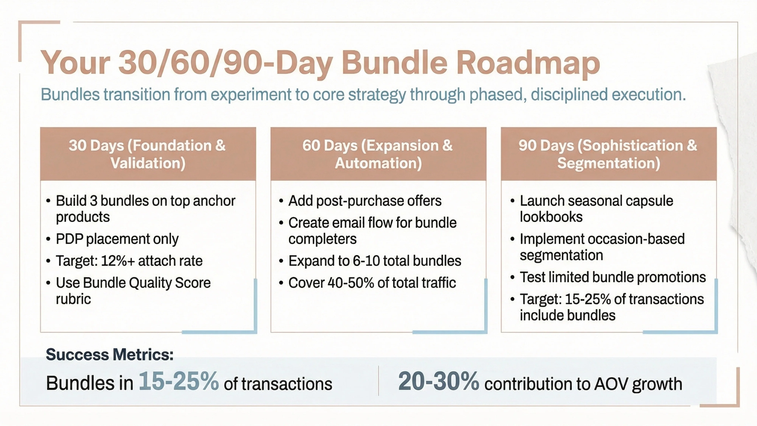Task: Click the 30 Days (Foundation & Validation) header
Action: click(x=148, y=154)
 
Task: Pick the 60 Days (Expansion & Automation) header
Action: click(x=378, y=154)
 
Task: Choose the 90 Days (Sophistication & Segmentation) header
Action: click(x=608, y=154)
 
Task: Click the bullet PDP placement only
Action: click(x=117, y=239)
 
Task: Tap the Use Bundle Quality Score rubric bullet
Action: click(x=133, y=290)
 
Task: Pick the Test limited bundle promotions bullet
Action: click(x=613, y=277)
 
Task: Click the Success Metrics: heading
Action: click(x=110, y=354)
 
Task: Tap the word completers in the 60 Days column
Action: click(x=322, y=239)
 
